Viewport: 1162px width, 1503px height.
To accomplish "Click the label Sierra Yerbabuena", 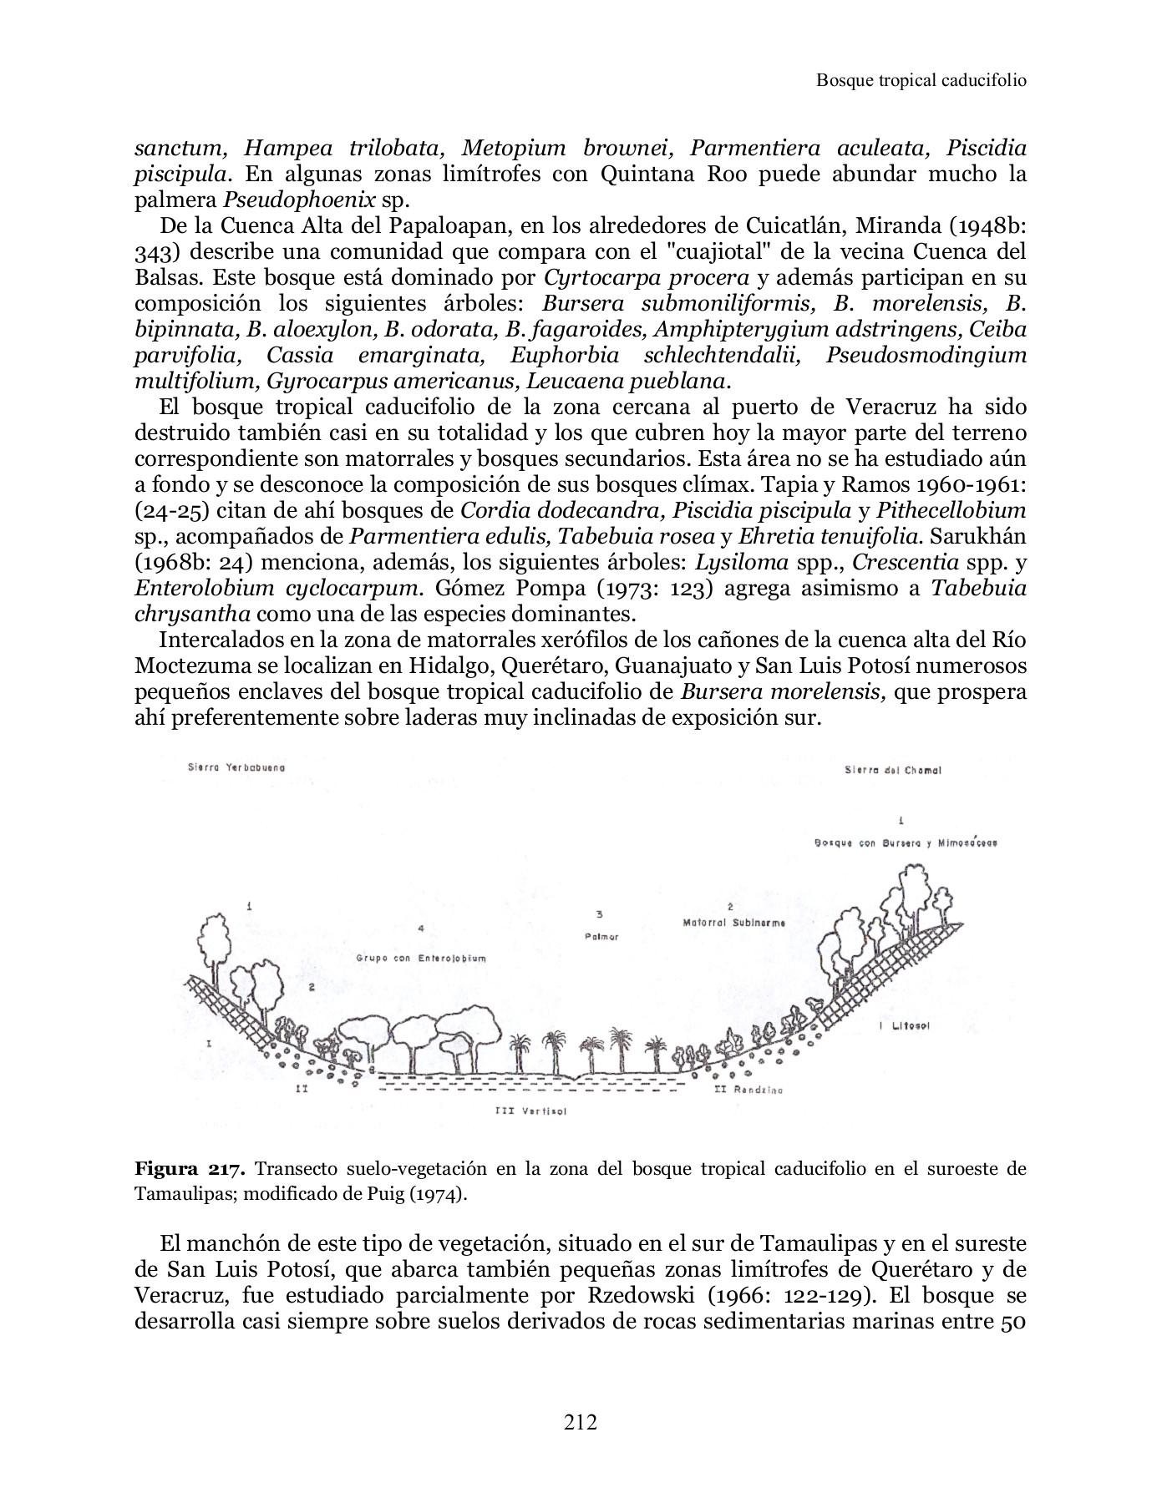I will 236,767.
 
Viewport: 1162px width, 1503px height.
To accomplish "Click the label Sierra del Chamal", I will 893,771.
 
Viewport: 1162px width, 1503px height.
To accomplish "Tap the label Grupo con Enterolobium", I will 421,959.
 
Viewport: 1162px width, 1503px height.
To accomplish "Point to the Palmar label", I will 601,937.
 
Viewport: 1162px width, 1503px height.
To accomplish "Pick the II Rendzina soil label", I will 748,1090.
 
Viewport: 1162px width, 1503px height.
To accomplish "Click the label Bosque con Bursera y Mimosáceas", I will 906,843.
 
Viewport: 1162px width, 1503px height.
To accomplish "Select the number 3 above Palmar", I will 600,913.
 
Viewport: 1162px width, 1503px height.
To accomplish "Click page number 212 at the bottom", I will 581,1421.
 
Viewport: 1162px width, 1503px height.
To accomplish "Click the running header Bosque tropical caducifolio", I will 921,80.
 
